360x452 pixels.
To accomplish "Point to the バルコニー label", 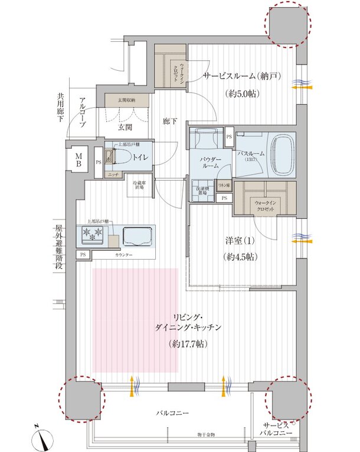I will click(x=172, y=414).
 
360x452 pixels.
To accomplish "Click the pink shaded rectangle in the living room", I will click(x=135, y=320).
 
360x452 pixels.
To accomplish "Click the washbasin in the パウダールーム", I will click(x=205, y=139).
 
